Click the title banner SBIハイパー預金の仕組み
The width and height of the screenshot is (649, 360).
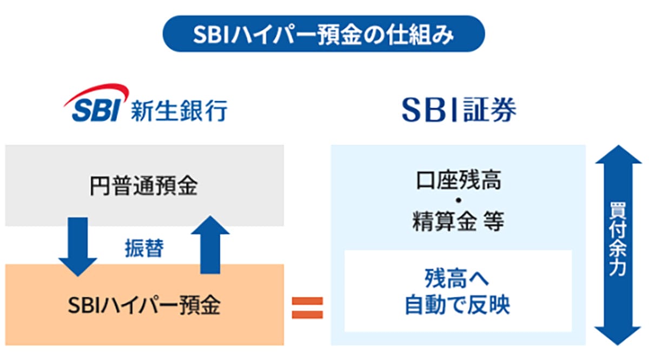(323, 34)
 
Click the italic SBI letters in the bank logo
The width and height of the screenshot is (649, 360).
(96, 110)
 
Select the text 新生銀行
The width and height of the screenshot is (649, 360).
(179, 110)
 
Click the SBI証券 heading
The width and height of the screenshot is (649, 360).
(459, 110)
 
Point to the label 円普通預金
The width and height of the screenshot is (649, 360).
(144, 186)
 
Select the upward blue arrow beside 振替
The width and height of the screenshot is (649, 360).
(210, 245)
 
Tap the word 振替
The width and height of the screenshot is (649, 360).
(144, 248)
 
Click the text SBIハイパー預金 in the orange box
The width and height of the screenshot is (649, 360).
(144, 305)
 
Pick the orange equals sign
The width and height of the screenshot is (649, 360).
(307, 308)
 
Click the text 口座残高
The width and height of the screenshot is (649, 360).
(459, 181)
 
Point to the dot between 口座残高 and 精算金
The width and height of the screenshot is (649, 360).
(459, 201)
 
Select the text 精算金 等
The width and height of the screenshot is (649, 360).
(459, 221)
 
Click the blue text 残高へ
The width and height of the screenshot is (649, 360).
(457, 278)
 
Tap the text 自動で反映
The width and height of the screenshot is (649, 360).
(457, 304)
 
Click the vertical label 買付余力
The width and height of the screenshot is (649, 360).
(618, 239)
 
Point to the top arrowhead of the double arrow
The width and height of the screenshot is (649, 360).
(619, 155)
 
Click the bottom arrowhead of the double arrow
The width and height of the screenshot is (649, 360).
(618, 336)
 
